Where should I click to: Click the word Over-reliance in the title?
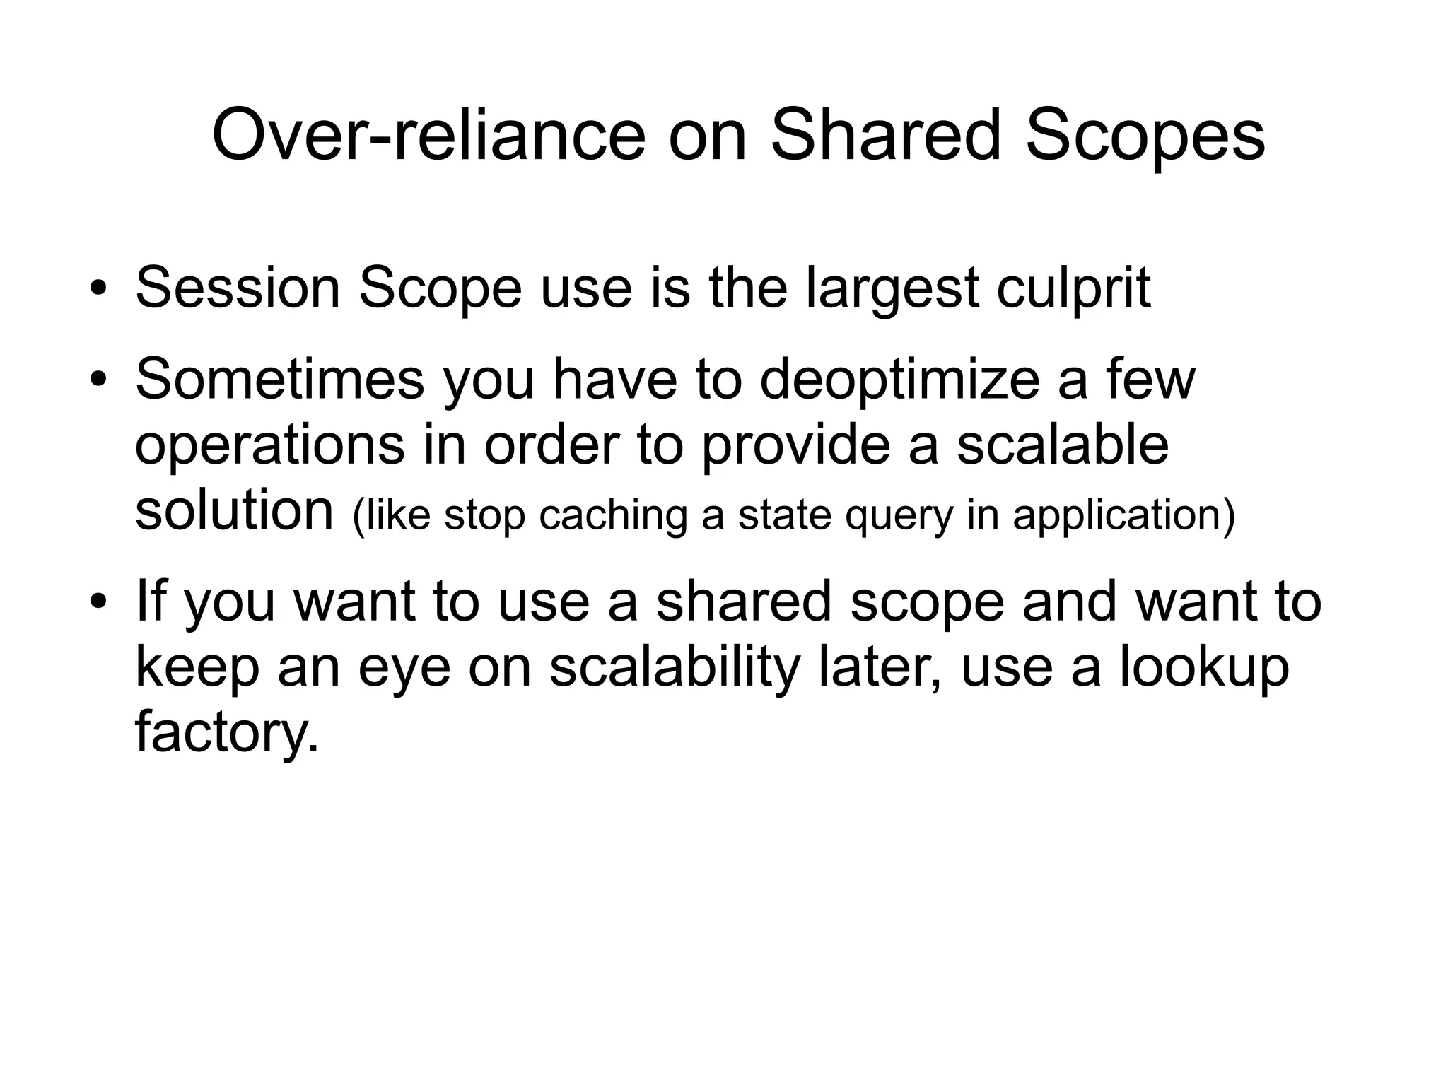[x=428, y=136]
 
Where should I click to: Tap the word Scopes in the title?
[x=1145, y=136]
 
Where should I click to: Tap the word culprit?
[x=1073, y=290]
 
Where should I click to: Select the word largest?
[x=892, y=290]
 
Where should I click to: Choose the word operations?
[x=269, y=446]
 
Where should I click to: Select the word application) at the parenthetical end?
[x=1123, y=515]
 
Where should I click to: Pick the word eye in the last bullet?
[x=404, y=669]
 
